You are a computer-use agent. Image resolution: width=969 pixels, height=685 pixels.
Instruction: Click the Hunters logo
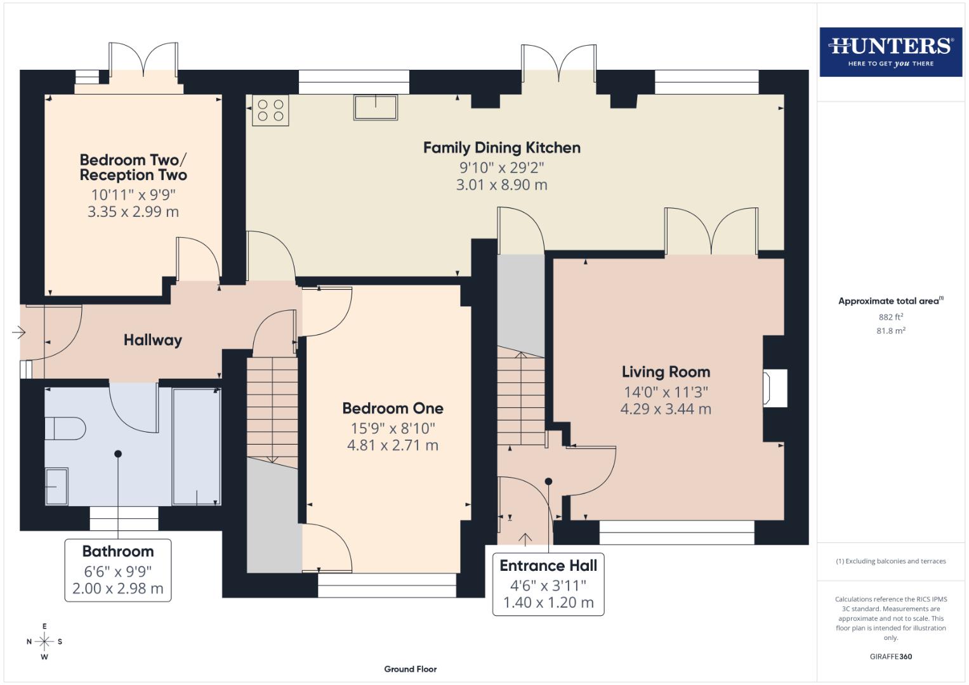point(890,51)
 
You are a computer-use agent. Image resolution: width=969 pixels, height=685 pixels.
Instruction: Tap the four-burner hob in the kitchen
point(270,110)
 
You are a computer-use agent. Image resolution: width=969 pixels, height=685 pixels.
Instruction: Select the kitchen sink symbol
point(376,107)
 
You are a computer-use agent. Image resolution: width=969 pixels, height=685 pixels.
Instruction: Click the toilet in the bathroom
point(65,428)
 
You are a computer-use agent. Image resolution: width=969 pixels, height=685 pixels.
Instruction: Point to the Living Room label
point(666,372)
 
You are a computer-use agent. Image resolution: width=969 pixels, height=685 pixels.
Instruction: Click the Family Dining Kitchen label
point(501,148)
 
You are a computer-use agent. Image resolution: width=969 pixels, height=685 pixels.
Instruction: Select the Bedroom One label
point(392,408)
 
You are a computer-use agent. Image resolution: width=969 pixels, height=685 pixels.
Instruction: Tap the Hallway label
point(152,340)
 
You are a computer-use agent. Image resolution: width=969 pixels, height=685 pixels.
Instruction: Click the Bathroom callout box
point(118,570)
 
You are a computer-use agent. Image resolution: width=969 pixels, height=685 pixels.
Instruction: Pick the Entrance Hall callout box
point(548,584)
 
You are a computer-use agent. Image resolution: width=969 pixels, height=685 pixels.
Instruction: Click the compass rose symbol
point(44,641)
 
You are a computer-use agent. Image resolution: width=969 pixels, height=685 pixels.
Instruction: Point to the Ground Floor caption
point(410,669)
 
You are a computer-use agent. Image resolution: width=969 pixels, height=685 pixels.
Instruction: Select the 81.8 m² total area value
point(890,330)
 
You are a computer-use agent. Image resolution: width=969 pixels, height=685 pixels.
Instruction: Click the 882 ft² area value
point(890,317)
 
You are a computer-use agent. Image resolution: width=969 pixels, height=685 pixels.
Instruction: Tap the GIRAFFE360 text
point(890,656)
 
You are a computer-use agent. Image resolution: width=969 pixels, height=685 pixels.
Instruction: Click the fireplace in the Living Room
point(774,388)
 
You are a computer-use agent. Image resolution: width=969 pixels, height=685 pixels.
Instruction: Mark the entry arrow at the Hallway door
point(18,332)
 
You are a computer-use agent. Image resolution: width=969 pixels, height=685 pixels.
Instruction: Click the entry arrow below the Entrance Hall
point(525,539)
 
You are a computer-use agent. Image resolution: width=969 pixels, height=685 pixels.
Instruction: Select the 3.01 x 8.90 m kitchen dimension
point(501,185)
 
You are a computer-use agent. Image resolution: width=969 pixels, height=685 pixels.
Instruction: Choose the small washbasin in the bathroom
point(56,486)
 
